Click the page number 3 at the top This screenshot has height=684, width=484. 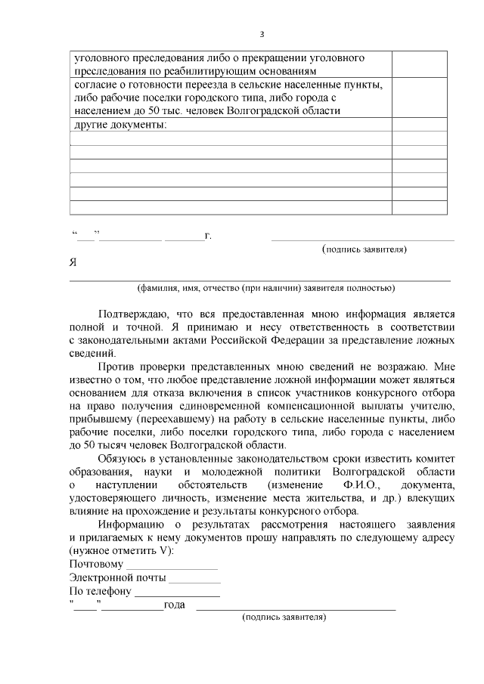pyautogui.click(x=262, y=34)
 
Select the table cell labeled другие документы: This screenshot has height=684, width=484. pyautogui.click(x=231, y=125)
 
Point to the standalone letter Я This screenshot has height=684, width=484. pyautogui.click(x=73, y=263)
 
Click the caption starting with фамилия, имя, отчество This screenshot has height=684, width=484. pyautogui.click(x=265, y=288)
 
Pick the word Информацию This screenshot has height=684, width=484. pyautogui.click(x=131, y=525)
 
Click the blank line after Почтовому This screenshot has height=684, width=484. pyautogui.click(x=172, y=565)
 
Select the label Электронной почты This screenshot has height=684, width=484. pyautogui.click(x=117, y=578)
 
